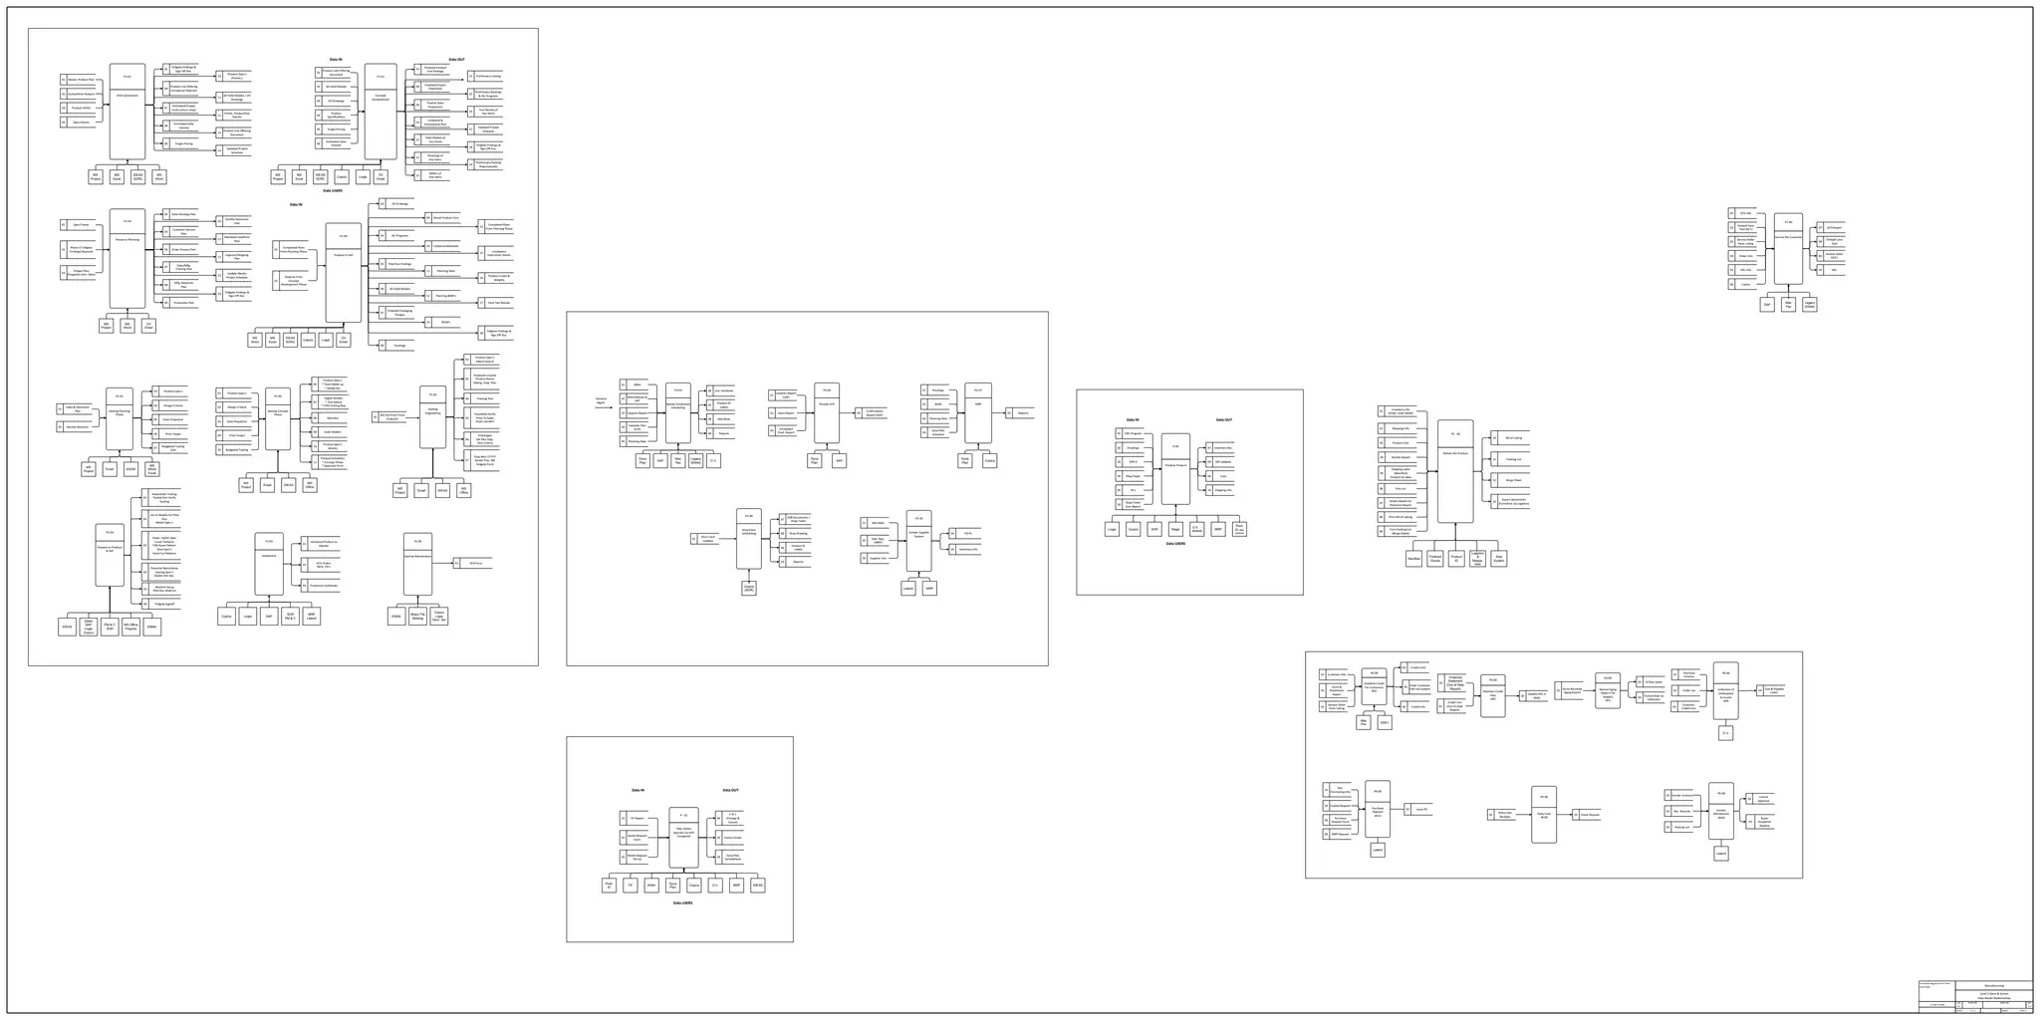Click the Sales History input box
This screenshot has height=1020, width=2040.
(82, 123)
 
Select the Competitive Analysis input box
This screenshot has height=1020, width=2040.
(82, 94)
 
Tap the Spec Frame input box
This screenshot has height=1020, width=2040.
(81, 224)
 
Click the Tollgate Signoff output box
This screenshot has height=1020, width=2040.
(165, 604)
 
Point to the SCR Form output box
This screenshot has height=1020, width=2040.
(475, 563)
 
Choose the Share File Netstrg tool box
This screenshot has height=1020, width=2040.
(417, 617)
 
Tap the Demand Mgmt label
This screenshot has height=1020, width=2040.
(601, 400)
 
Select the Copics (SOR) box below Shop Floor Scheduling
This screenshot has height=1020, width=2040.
(749, 589)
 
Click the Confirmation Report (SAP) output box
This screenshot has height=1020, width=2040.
(874, 412)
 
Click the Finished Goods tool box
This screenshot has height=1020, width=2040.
(1435, 559)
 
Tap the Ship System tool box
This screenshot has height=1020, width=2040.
(1499, 559)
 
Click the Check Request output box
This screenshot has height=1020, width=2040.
(1591, 815)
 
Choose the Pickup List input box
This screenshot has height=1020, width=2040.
(1681, 827)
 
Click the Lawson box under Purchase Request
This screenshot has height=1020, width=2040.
(1378, 851)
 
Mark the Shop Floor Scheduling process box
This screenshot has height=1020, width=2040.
(749, 539)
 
